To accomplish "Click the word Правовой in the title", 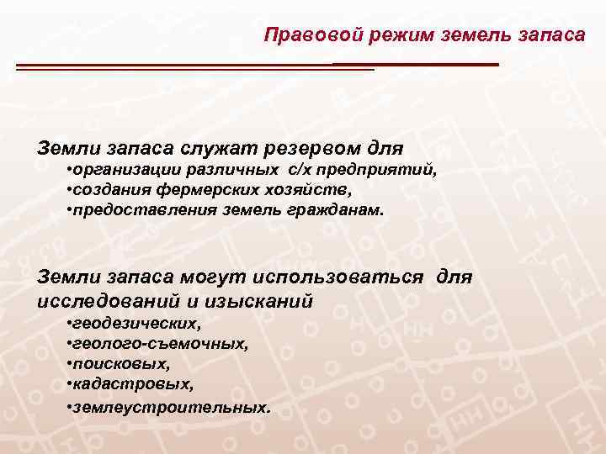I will (303, 35).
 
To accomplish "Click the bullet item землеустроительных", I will (168, 407).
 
